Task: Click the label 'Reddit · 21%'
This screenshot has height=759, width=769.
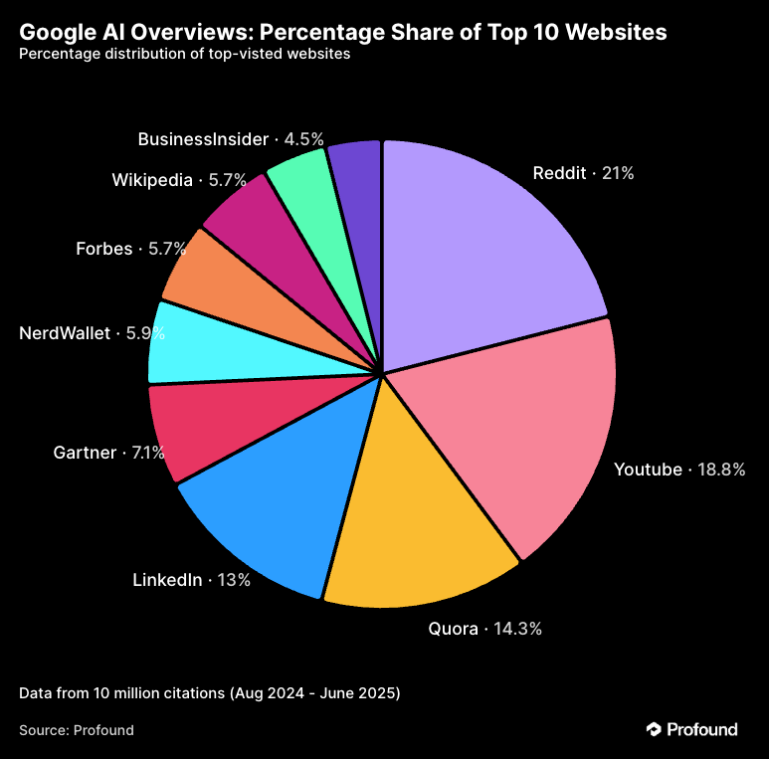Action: (x=583, y=173)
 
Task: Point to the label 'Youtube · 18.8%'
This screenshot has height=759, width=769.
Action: (x=679, y=470)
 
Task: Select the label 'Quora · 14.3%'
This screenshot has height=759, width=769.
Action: (x=484, y=629)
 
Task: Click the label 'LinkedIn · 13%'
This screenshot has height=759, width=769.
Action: (x=191, y=580)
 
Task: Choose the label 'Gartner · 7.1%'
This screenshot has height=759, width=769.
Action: (x=108, y=454)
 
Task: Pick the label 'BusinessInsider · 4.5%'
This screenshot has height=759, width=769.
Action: (x=231, y=139)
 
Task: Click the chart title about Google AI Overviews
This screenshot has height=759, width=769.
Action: (x=343, y=32)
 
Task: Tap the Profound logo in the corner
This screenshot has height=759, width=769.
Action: (x=692, y=729)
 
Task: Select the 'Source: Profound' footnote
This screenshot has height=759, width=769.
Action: (x=77, y=730)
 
